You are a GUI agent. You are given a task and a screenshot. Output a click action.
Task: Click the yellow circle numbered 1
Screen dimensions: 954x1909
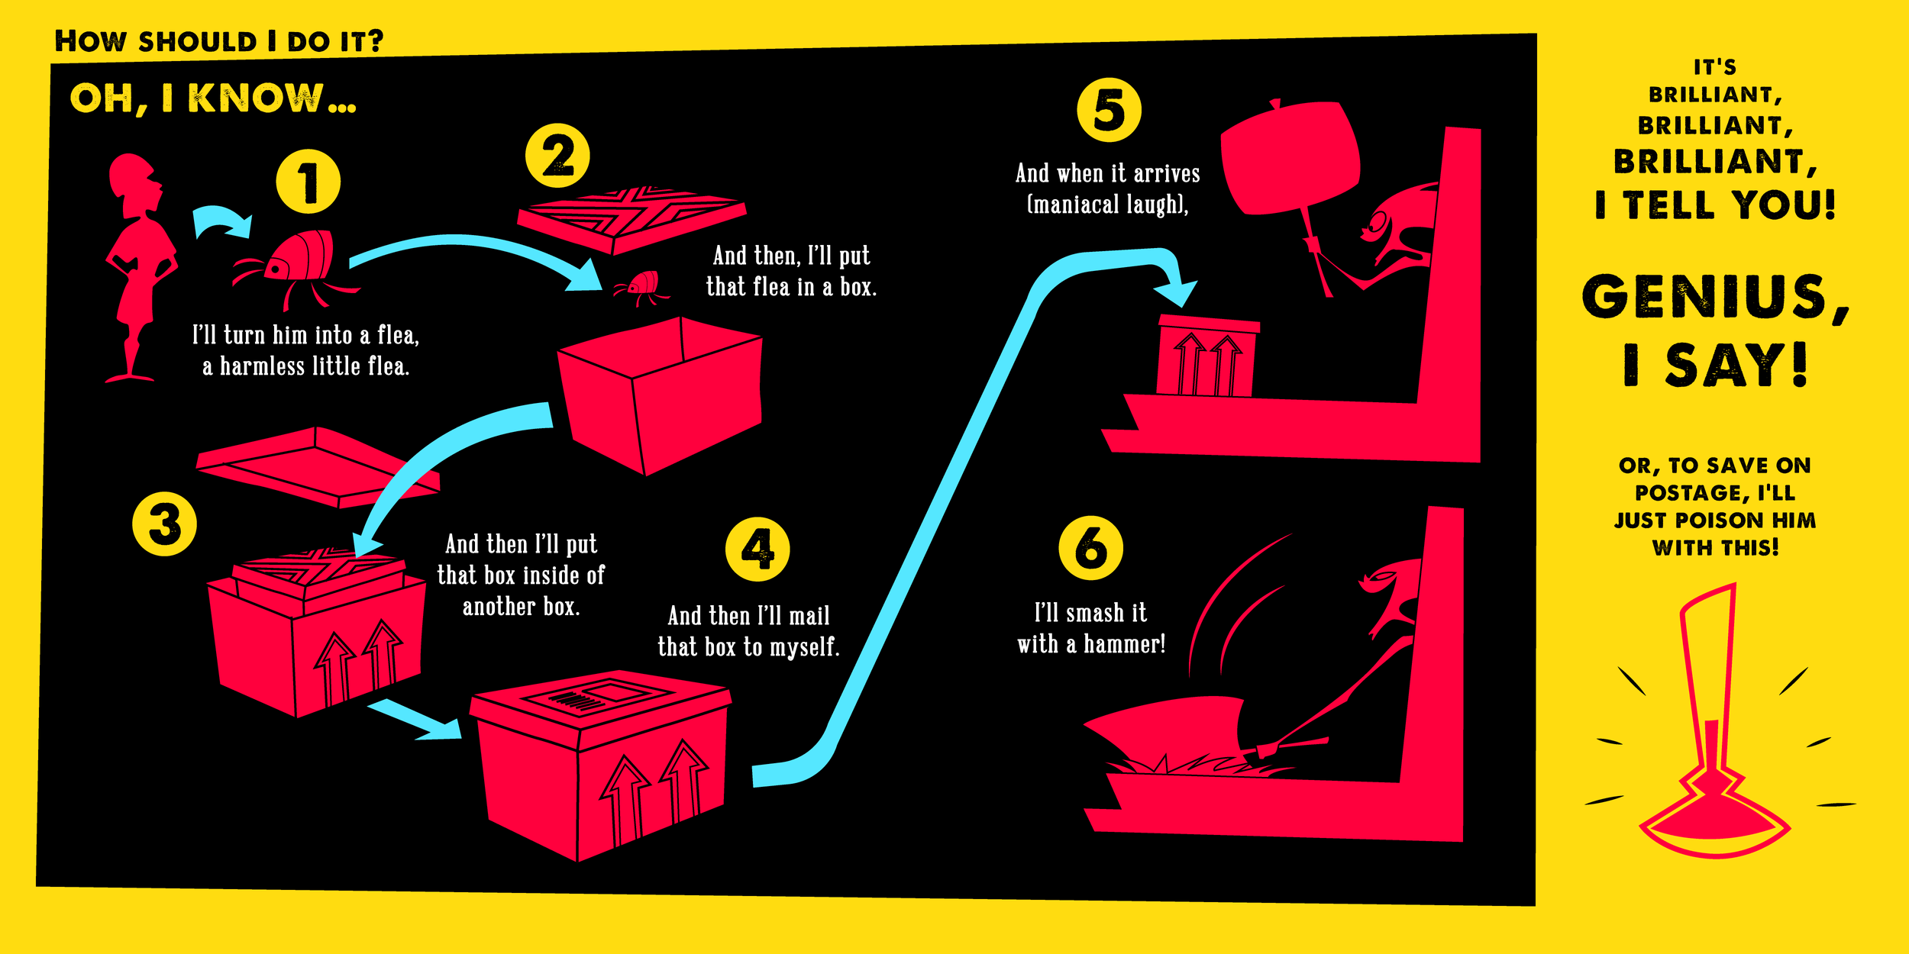308,182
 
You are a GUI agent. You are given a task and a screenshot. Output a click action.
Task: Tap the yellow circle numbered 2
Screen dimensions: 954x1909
557,156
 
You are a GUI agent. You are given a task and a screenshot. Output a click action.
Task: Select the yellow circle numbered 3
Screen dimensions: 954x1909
164,524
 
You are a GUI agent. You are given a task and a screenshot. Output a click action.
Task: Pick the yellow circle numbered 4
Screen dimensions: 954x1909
757,549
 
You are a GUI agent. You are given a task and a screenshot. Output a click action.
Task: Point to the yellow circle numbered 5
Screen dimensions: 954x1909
1109,110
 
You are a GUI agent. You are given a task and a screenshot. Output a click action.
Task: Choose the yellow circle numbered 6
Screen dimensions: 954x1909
1090,547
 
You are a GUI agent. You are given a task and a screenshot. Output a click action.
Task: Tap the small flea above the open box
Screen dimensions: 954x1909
641,286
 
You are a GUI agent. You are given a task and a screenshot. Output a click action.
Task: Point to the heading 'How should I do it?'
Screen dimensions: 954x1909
218,41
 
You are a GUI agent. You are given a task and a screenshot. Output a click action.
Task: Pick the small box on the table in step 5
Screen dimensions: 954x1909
1206,357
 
